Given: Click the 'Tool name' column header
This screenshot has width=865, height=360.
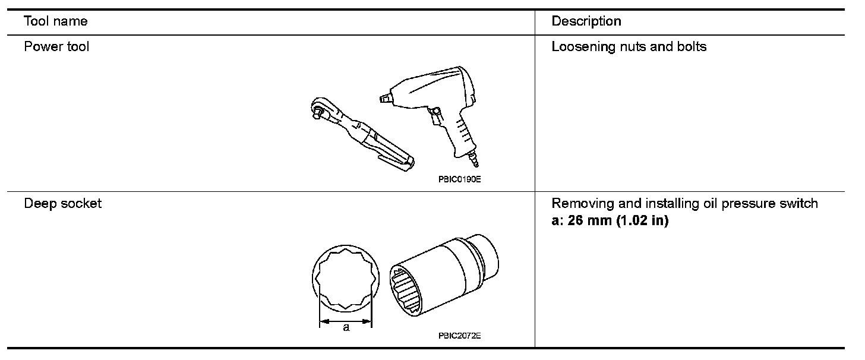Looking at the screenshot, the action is coord(55,22).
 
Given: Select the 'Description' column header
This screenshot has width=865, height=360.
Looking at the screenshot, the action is coord(586,22).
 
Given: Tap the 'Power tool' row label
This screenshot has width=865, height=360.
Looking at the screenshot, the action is coord(56,46).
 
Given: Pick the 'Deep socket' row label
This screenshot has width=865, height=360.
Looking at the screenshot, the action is coord(62,204).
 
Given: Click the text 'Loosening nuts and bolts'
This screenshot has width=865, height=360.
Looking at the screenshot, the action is coord(629,46).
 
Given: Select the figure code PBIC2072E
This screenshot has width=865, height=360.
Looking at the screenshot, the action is coord(459,336).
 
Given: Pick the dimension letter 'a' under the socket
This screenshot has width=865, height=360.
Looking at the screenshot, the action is coord(346,327).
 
